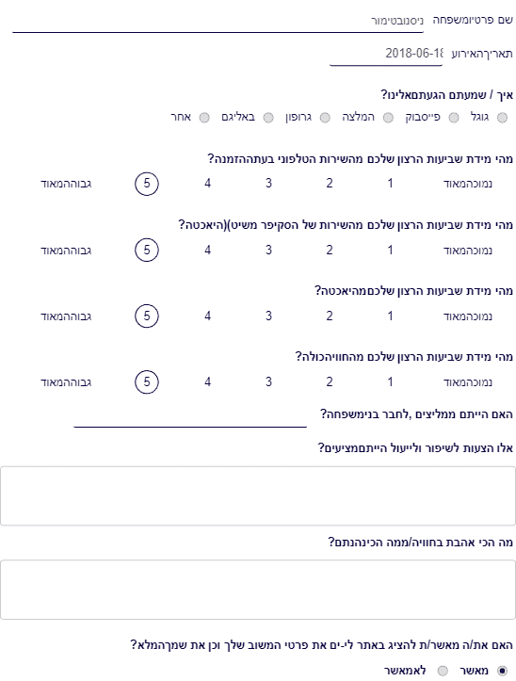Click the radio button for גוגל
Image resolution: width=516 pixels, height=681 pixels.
coord(502,118)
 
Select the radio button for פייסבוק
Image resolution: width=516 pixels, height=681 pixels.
coord(454,118)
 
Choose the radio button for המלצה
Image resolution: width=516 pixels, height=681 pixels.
coord(388,118)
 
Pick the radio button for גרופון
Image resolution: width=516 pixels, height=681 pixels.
coord(325,118)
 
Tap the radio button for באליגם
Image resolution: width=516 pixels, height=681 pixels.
coord(268,118)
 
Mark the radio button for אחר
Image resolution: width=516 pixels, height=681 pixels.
coord(204,118)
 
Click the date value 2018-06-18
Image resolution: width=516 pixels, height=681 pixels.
coord(414,54)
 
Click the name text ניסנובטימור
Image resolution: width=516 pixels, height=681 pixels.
coord(397,21)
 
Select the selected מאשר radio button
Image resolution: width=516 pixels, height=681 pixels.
coord(502,671)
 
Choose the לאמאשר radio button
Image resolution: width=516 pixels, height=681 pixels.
coord(443,671)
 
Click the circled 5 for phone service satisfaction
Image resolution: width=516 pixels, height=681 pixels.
coord(147,184)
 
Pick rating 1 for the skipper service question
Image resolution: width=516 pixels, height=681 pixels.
coord(390,251)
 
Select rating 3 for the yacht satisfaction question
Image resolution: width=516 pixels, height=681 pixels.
coord(269,316)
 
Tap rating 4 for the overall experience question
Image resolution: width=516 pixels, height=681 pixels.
coord(207,381)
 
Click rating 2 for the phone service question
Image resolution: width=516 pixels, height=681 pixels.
coord(330,184)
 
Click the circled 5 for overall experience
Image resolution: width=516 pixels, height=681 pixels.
coord(147,381)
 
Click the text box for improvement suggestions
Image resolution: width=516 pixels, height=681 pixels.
coord(258,496)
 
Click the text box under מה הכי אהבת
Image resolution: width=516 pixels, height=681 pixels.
coord(258,590)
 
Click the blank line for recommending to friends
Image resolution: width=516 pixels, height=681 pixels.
coord(190,427)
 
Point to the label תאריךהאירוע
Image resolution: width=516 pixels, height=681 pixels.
coord(482,55)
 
